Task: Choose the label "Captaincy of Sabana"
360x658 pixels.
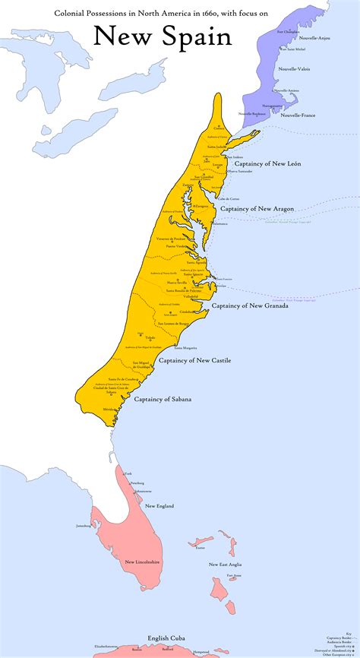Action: click(x=163, y=399)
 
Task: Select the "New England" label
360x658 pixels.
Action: click(x=159, y=506)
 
